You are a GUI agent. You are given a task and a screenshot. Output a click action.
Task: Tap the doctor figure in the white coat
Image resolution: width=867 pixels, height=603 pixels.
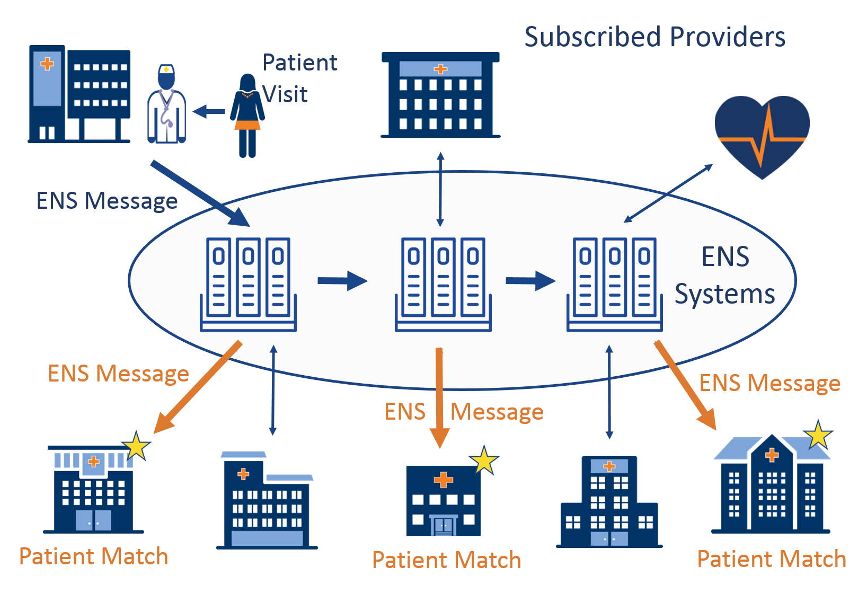pos(166,105)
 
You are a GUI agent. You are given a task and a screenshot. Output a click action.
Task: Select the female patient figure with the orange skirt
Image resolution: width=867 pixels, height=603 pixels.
pos(247,116)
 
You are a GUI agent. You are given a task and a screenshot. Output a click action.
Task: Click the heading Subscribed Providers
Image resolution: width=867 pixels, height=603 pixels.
pos(654,37)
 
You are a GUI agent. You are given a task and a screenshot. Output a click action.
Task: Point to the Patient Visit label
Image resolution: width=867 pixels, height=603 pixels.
pos(299,78)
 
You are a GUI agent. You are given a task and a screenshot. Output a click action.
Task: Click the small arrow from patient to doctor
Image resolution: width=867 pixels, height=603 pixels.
pos(209,112)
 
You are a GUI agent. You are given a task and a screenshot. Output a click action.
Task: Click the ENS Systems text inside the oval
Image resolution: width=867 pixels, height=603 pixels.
pos(725,275)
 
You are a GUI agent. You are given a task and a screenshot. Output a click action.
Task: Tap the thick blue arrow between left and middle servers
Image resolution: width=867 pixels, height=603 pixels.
pos(342,281)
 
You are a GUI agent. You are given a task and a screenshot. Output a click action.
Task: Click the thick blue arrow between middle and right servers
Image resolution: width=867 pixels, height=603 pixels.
pos(530,281)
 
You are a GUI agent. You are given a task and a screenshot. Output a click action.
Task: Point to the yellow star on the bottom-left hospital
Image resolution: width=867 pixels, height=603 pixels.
pos(137,446)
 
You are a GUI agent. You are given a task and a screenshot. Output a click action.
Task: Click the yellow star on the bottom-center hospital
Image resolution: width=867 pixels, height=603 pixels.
pos(484,460)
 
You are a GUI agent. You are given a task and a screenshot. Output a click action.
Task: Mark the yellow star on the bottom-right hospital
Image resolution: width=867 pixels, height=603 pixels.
pos(818,436)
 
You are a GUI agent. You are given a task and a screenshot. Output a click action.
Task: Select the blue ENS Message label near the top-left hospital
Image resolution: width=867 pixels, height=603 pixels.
pos(107,201)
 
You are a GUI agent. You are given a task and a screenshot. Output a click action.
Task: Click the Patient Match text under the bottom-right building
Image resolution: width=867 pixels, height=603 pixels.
pos(771,559)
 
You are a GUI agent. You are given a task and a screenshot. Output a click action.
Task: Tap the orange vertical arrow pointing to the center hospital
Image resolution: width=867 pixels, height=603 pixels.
pos(439,397)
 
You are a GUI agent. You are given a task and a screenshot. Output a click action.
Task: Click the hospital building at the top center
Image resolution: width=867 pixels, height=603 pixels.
pos(440,95)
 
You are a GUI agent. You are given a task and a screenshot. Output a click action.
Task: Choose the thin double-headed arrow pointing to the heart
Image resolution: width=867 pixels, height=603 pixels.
pos(668,193)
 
